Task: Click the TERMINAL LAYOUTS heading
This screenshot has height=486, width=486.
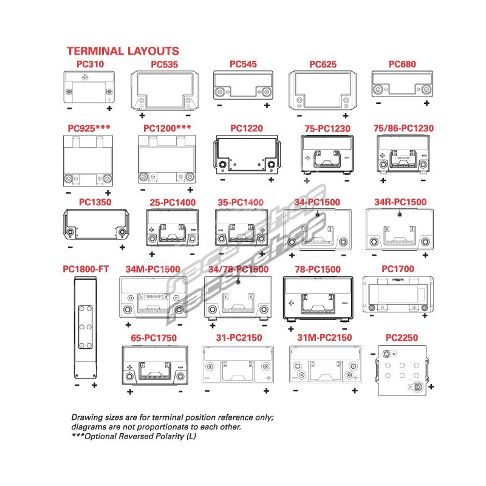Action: [x=123, y=51]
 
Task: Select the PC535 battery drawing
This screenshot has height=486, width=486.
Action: [x=165, y=90]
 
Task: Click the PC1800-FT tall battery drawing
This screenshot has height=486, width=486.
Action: [x=85, y=327]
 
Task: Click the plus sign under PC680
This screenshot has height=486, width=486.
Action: [x=426, y=103]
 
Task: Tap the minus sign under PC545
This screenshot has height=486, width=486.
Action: [x=219, y=106]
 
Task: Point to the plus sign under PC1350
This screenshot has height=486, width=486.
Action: [x=122, y=247]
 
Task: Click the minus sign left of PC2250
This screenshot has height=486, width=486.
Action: [x=372, y=354]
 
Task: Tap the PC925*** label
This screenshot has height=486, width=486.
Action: [x=89, y=128]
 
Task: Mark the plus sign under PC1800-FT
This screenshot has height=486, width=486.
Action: [x=94, y=385]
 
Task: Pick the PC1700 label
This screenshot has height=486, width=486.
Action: [x=399, y=268]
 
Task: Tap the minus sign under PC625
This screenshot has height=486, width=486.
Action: [x=299, y=115]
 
